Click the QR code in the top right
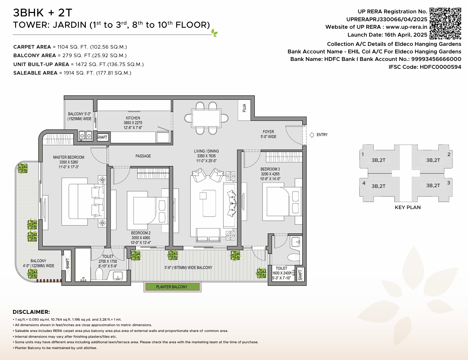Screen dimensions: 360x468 click(445, 23)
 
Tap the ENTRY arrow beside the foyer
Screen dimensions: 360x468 click(312, 135)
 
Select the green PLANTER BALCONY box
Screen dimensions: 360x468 click(172, 287)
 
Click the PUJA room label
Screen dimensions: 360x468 click(244, 108)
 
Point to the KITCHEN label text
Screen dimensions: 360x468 click(133, 118)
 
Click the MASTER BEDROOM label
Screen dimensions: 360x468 click(68, 157)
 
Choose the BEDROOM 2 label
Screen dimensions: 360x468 click(141, 233)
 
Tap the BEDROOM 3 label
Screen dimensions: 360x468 click(270, 169)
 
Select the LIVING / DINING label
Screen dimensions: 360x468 click(206, 151)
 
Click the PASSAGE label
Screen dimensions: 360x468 click(143, 156)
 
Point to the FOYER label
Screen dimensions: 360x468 click(268, 132)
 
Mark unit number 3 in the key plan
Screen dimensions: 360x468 click(449, 183)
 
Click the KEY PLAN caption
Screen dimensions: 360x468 click(407, 207)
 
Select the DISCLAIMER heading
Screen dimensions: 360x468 click(31, 312)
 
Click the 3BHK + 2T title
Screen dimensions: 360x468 click(43, 13)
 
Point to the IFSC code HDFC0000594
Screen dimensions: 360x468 click(440, 67)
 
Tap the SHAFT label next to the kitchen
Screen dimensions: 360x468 click(102, 137)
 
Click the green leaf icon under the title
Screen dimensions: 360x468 click(214, 33)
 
